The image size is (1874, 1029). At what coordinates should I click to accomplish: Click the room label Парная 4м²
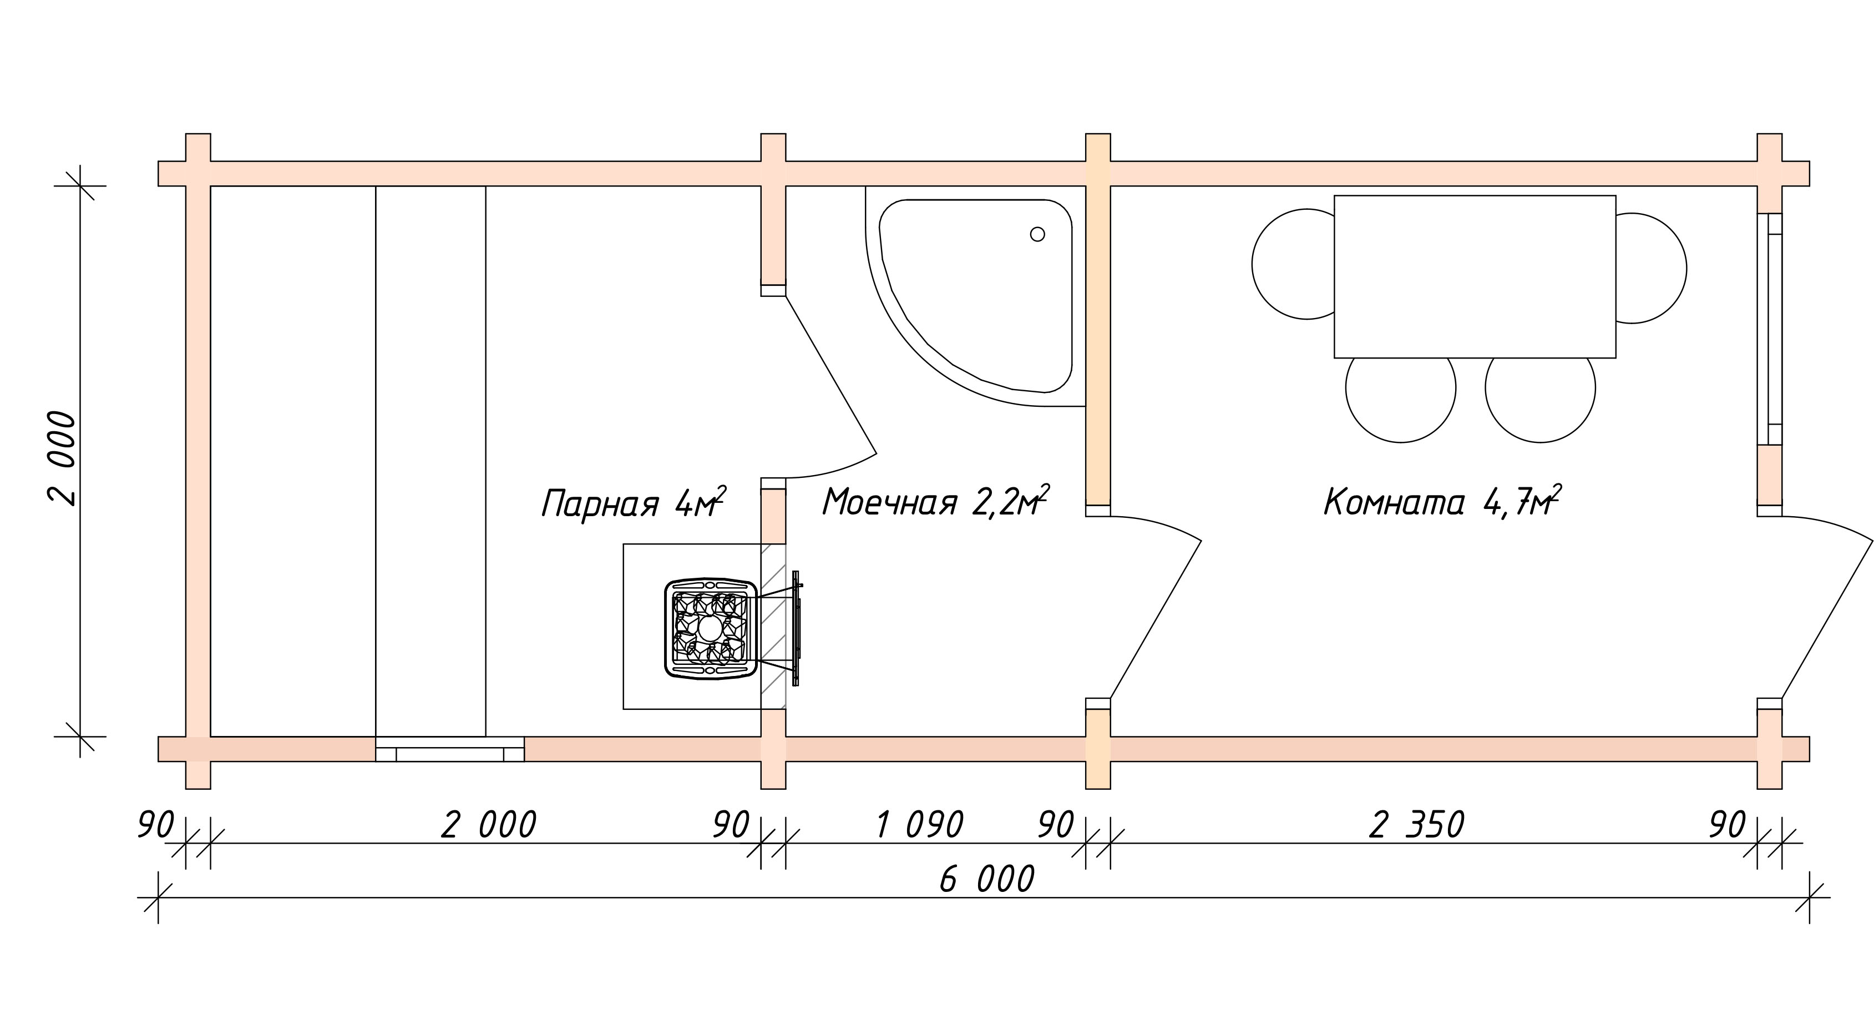tap(634, 502)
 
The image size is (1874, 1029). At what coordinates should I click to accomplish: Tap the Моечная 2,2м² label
tap(935, 501)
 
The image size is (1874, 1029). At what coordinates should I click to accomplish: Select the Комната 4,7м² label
tap(1442, 501)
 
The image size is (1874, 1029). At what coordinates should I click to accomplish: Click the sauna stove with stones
tap(711, 629)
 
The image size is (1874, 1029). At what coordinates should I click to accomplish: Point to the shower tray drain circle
tap(1037, 234)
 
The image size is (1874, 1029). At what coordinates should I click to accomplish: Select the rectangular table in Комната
tap(1475, 276)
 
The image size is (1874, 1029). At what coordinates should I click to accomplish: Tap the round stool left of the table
tap(1294, 264)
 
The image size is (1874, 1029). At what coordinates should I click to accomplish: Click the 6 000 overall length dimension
tap(987, 880)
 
